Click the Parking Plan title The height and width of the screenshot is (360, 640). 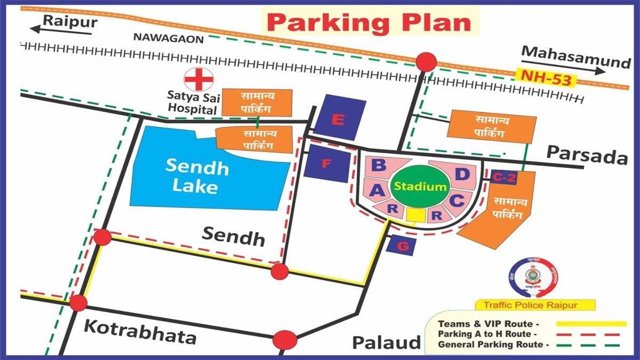point(369,22)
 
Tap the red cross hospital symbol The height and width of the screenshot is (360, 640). point(198,80)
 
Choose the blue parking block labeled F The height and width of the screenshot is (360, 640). point(327,164)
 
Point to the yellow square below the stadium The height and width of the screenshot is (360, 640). point(415,214)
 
